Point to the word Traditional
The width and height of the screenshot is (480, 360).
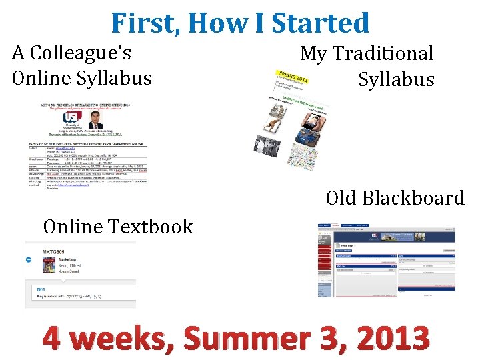(383, 53)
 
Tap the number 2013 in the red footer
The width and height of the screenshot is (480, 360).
(393, 339)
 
